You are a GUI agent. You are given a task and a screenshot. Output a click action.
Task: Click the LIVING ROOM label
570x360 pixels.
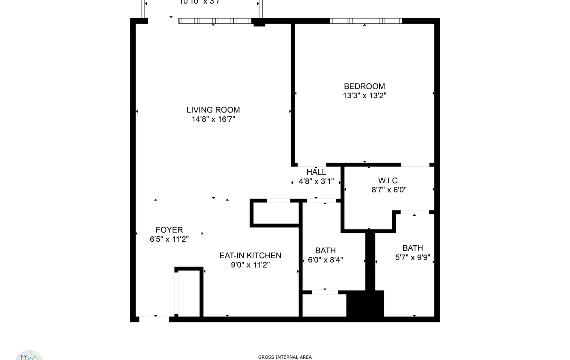pyautogui.click(x=213, y=110)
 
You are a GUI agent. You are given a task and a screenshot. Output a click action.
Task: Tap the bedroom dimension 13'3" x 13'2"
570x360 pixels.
pyautogui.click(x=364, y=96)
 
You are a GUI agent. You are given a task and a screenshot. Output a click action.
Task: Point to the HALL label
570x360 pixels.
pyautogui.click(x=316, y=172)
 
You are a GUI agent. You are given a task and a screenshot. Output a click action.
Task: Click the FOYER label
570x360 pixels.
pyautogui.click(x=169, y=230)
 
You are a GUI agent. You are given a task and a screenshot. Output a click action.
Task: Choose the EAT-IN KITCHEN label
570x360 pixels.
pyautogui.click(x=250, y=256)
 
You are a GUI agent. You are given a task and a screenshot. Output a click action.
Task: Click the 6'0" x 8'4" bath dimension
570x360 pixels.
pyautogui.click(x=325, y=260)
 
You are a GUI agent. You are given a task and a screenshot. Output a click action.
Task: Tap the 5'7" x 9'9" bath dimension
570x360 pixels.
pyautogui.click(x=412, y=257)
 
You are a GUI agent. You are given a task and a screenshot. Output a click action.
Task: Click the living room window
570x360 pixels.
pyautogui.click(x=215, y=21)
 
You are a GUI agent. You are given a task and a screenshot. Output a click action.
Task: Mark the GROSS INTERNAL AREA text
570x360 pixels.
pyautogui.click(x=285, y=357)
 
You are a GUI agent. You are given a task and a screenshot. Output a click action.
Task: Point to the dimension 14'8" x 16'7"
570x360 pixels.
pyautogui.click(x=213, y=119)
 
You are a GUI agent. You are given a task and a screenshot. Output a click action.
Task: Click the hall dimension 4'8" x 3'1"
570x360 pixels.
pyautogui.click(x=316, y=181)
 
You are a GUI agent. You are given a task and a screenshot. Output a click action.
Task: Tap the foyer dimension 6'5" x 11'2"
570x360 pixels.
pyautogui.click(x=169, y=239)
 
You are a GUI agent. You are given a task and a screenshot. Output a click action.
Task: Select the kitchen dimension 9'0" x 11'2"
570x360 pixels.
pyautogui.click(x=250, y=265)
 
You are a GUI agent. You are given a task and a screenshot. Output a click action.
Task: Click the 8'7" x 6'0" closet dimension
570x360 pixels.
pyautogui.click(x=389, y=190)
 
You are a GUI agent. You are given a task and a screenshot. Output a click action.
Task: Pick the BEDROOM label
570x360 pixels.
pyautogui.click(x=364, y=86)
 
